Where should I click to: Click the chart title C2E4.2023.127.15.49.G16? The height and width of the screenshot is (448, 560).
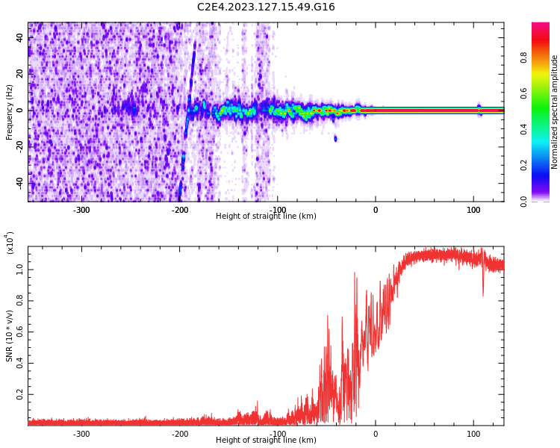coord(266,7)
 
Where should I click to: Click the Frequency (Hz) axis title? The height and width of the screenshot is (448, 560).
coord(10,112)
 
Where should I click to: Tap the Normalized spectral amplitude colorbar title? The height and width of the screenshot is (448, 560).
coord(555,112)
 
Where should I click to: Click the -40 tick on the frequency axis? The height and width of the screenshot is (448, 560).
coord(18,182)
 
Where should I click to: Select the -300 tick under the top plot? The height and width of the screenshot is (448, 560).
coord(81,210)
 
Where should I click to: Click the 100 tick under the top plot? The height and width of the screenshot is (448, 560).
coord(473,210)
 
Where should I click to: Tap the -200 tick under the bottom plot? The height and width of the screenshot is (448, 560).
coord(179,434)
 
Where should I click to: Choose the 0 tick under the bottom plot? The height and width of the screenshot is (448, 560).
coord(376,434)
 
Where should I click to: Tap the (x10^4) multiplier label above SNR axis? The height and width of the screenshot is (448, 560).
coord(10,243)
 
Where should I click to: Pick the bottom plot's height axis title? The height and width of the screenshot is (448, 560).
coord(266,441)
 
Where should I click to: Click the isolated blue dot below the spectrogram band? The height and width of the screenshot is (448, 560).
coord(335,138)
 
